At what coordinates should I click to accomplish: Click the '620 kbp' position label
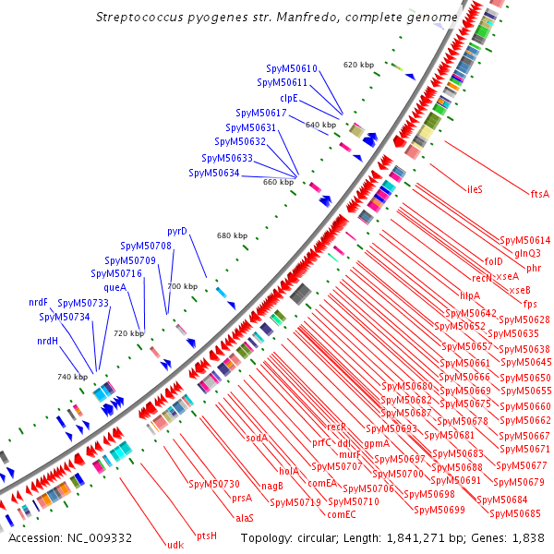click(358, 65)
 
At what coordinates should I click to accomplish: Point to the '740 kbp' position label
click(72, 377)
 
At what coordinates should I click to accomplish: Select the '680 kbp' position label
click(233, 235)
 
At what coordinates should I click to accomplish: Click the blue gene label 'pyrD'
click(177, 231)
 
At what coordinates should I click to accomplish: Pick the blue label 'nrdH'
click(48, 341)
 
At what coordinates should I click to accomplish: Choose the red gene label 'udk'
click(175, 544)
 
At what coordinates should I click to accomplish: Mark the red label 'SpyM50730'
click(214, 484)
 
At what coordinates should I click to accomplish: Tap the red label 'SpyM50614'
click(524, 240)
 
